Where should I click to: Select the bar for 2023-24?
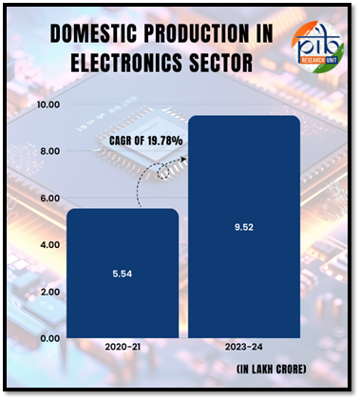click(244, 228)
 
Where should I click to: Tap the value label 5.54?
click(122, 275)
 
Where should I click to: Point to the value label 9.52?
click(244, 228)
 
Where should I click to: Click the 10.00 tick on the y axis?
click(47, 105)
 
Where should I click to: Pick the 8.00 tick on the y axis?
click(47, 151)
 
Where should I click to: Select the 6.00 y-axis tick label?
click(47, 198)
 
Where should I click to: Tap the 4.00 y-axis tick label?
click(47, 244)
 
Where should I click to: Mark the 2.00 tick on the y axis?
click(47, 292)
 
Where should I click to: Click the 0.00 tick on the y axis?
click(47, 338)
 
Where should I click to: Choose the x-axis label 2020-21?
click(122, 349)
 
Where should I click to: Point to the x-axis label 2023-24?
click(244, 349)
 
